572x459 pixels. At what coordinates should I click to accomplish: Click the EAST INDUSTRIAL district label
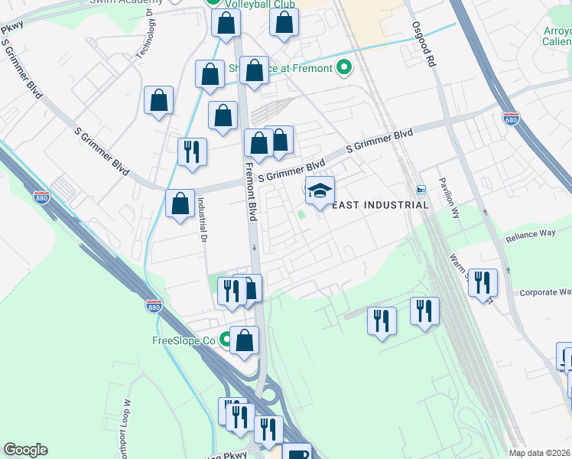[x=380, y=205]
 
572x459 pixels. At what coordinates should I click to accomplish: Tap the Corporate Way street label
[x=545, y=292]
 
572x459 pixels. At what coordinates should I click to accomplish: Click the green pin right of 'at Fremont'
[x=344, y=68]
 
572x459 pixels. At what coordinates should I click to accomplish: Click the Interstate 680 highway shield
[x=511, y=119]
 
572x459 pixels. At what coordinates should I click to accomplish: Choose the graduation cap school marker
[x=320, y=190]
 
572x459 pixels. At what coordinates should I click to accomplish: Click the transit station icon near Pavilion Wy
[x=421, y=189]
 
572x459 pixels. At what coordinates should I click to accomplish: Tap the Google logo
[x=25, y=450]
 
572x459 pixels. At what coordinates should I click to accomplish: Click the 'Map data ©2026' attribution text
[x=540, y=453]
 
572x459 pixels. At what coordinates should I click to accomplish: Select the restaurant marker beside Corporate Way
[x=483, y=282]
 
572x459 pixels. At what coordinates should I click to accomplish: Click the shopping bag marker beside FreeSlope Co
[x=244, y=340]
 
